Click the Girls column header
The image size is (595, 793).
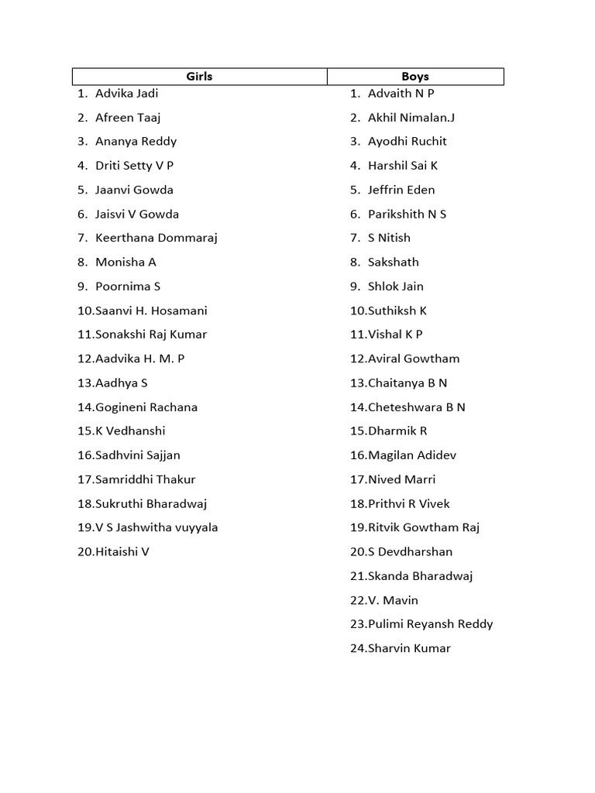tap(199, 77)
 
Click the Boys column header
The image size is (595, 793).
tap(415, 77)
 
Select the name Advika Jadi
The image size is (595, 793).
tap(126, 94)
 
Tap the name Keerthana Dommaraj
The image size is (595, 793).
tap(156, 238)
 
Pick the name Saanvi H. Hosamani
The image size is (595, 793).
tap(151, 311)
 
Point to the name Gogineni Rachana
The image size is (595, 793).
tap(146, 407)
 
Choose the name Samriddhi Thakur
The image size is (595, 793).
tap(146, 479)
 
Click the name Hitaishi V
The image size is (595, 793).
tap(122, 552)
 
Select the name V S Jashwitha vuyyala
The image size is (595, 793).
tap(156, 528)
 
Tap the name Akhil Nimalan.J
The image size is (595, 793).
tap(411, 118)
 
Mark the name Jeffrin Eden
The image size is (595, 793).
tap(401, 190)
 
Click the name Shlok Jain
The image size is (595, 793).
tap(396, 287)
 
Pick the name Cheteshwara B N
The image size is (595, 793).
tap(417, 407)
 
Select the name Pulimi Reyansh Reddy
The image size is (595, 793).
tap(431, 624)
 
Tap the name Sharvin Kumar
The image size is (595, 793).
tap(409, 649)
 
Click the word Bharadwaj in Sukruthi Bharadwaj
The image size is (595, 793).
tap(179, 504)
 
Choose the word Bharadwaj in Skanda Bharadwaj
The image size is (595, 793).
tap(442, 576)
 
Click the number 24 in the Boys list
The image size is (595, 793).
tap(357, 649)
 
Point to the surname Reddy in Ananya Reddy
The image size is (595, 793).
tap(158, 142)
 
